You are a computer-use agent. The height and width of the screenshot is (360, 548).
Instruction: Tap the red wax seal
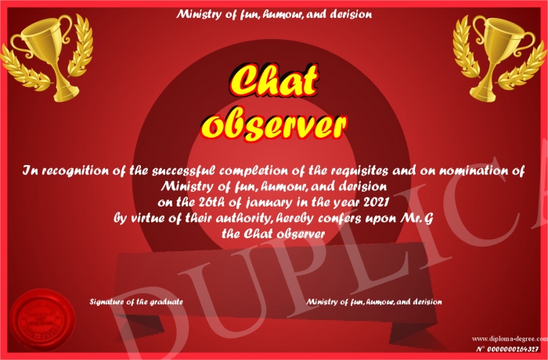pyautogui.click(x=42, y=321)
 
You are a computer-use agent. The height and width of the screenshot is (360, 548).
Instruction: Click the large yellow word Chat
pyautogui.click(x=274, y=81)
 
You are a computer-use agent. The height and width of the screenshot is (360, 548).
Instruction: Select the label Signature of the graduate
pyautogui.click(x=136, y=301)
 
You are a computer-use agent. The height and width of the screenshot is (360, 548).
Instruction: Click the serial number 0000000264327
pyautogui.click(x=512, y=349)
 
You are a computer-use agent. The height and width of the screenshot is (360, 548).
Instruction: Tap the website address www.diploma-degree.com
pyautogui.click(x=510, y=339)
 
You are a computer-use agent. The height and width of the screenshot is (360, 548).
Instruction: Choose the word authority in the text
pyautogui.click(x=243, y=219)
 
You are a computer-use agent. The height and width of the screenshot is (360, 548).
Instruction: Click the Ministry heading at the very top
pyautogui.click(x=274, y=14)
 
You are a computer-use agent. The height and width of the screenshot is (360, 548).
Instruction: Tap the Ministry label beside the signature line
pyautogui.click(x=374, y=301)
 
